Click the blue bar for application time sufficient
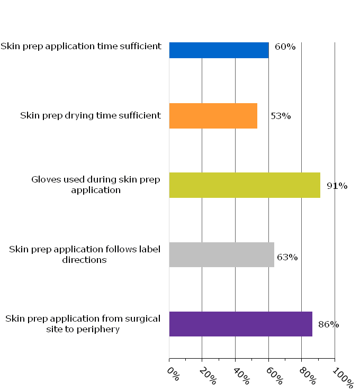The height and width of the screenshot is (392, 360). (x=219, y=50)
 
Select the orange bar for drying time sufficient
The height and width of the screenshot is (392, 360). (x=213, y=116)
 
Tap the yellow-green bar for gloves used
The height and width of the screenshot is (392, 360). (x=245, y=185)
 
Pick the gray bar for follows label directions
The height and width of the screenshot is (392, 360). (x=221, y=254)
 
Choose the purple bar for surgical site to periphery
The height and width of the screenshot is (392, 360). (x=240, y=324)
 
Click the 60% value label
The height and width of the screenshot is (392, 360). (x=285, y=47)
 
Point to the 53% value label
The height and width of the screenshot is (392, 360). (x=281, y=116)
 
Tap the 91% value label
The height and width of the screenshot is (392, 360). (x=337, y=186)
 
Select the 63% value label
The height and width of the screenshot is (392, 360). (x=287, y=258)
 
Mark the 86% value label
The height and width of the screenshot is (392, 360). (x=328, y=324)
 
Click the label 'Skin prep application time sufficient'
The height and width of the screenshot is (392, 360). (x=81, y=46)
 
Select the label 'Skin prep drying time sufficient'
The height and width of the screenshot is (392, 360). (x=91, y=115)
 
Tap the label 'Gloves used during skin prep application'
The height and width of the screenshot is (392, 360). (x=96, y=185)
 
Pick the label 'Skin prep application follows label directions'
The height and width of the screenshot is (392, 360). (x=85, y=254)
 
